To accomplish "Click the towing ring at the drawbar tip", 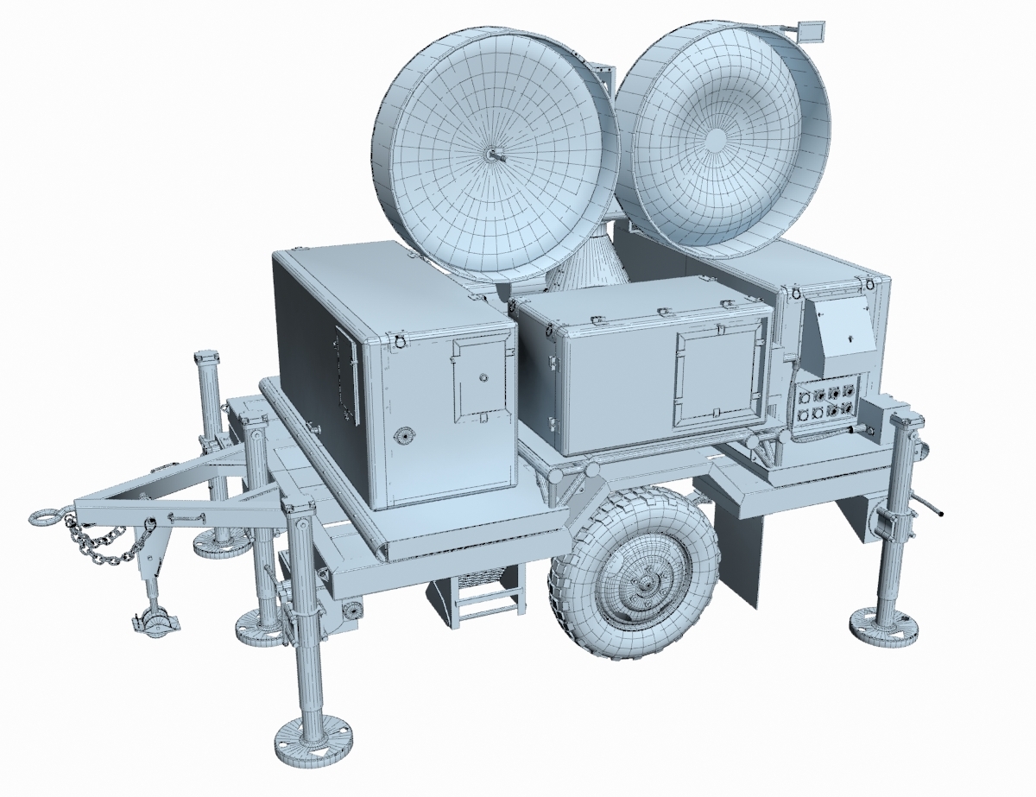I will tap(45, 517).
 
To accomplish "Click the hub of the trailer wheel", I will tap(643, 585).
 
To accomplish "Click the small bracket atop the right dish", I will tap(811, 31).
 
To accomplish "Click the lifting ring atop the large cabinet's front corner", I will tap(398, 339).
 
